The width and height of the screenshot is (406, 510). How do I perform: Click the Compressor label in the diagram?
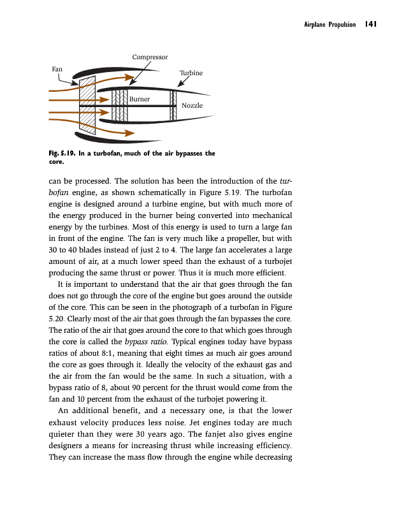point(150,57)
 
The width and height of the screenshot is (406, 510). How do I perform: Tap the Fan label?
point(57,68)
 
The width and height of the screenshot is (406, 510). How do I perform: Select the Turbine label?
point(191,73)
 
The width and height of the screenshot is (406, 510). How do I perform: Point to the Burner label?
point(140,99)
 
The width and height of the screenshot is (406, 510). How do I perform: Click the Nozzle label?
point(192,105)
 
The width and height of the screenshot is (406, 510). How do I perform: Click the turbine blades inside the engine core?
point(173,105)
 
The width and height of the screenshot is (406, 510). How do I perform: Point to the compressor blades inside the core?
point(120,105)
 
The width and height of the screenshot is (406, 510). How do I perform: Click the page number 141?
point(372,24)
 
